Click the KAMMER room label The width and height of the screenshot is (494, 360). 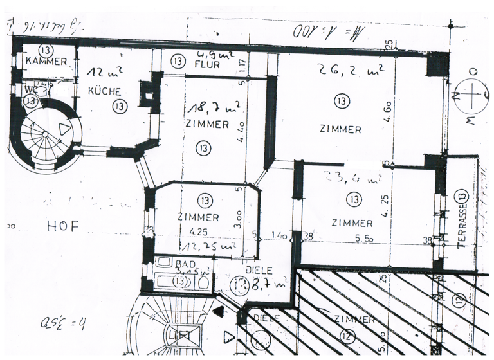coord(46,62)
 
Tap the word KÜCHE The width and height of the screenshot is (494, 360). coord(105,92)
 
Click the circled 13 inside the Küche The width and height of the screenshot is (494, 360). coord(116,106)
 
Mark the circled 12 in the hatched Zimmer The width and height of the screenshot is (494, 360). coord(348,334)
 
